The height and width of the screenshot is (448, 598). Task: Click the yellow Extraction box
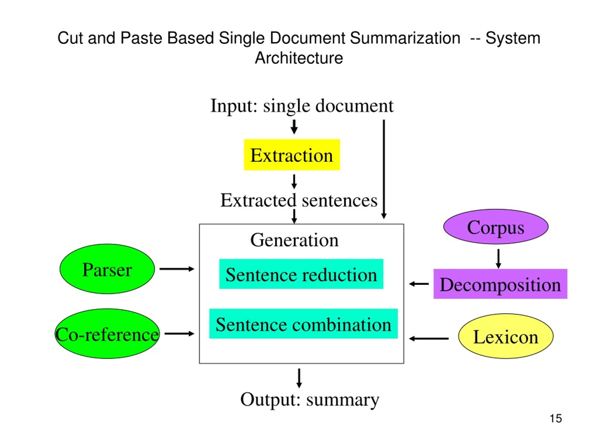tap(292, 155)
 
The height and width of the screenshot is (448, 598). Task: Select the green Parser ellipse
tap(107, 269)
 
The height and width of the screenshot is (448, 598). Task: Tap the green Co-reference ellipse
tap(107, 334)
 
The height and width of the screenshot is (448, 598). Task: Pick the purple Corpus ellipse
tap(496, 227)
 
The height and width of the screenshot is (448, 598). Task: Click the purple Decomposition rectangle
tap(500, 284)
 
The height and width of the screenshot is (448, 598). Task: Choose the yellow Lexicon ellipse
tap(505, 336)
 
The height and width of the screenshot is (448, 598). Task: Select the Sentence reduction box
tap(301, 274)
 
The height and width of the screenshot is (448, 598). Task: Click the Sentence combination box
tap(303, 323)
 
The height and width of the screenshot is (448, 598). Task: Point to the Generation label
tap(294, 240)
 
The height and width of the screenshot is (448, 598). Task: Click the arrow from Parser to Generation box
tap(177, 269)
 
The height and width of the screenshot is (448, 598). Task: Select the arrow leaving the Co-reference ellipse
tap(179, 333)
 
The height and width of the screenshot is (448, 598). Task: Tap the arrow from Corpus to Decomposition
tap(498, 259)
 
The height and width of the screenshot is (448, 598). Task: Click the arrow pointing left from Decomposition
tap(419, 284)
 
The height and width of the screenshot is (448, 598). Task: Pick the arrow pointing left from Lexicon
tap(428, 338)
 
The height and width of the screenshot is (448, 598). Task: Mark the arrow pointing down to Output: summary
tap(299, 378)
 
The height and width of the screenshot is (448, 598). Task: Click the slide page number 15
tap(556, 419)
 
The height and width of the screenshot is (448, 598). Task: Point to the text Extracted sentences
tap(299, 200)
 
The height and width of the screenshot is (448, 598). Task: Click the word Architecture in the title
tap(299, 58)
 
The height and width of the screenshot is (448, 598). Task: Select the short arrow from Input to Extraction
tap(294, 127)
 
